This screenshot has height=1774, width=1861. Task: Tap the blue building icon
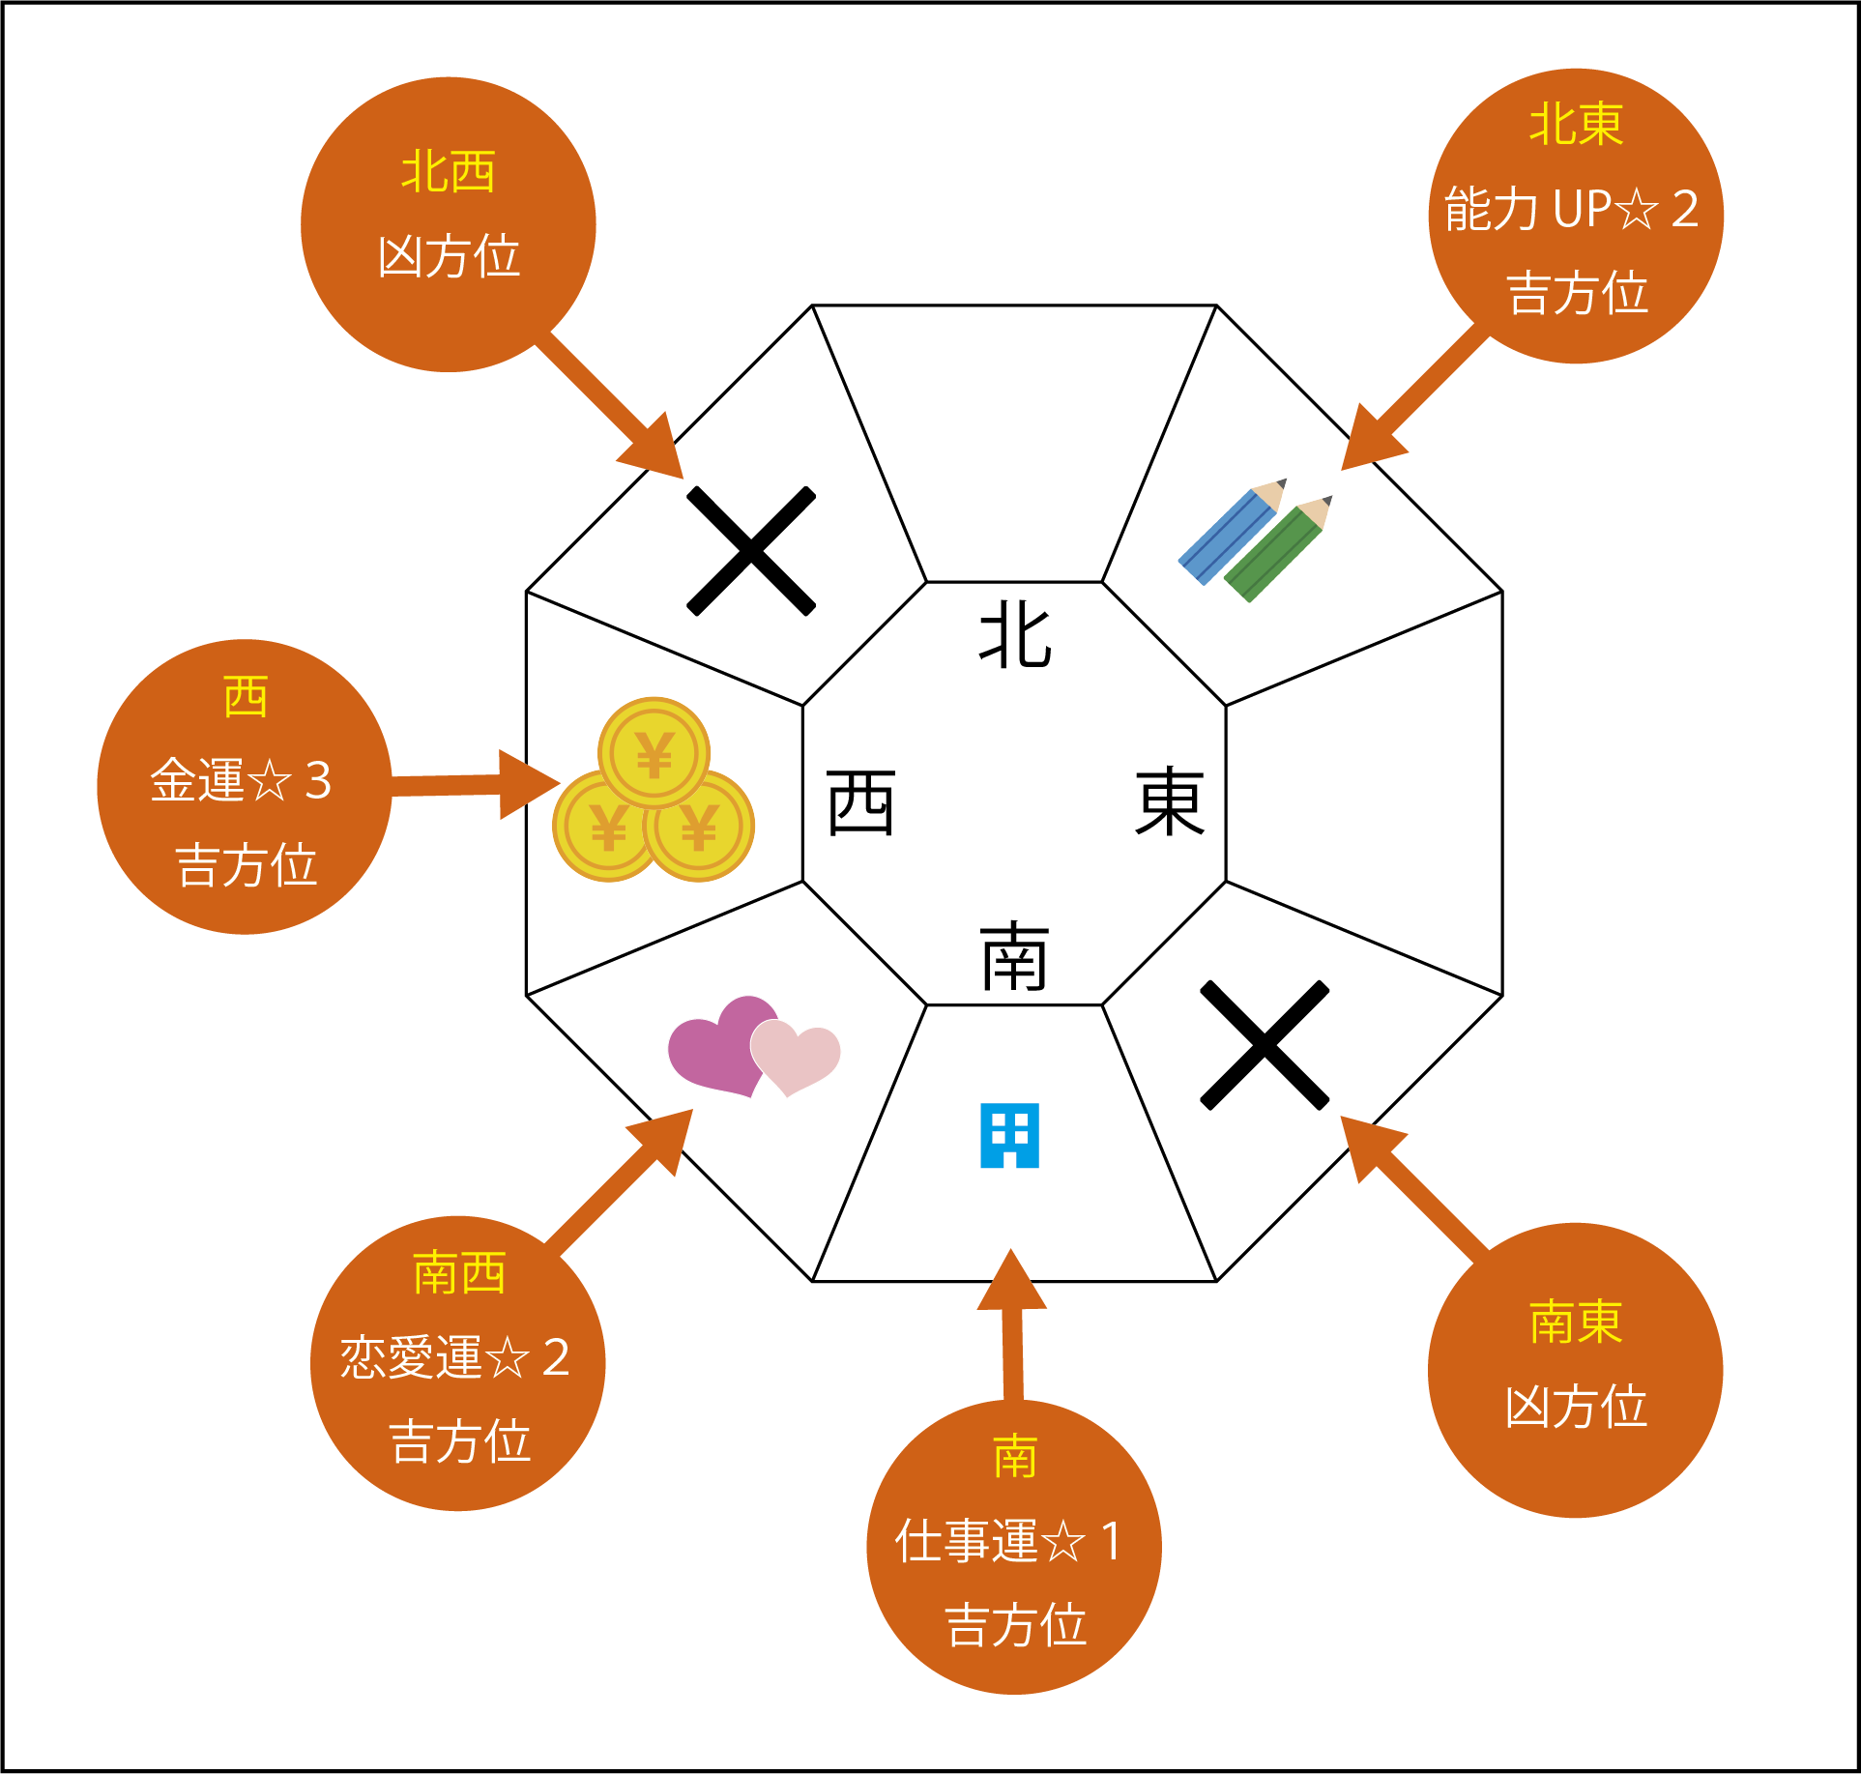(1009, 1135)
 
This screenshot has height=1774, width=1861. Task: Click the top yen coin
(654, 752)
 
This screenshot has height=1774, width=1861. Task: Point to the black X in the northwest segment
(751, 551)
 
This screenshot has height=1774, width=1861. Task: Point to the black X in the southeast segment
(1265, 1045)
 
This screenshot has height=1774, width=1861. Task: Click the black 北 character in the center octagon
(1015, 634)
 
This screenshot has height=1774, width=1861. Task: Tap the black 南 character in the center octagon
(1014, 956)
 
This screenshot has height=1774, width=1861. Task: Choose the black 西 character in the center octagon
(860, 802)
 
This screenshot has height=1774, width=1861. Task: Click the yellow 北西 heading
(449, 172)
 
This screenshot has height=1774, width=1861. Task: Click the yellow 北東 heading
(1576, 125)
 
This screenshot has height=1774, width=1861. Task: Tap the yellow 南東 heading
(1576, 1322)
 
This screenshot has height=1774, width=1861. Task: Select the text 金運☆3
(242, 780)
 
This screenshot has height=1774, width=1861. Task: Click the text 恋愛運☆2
(455, 1356)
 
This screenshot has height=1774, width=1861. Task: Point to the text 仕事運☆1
(1009, 1541)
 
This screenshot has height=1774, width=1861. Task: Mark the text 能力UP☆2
(1572, 209)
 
